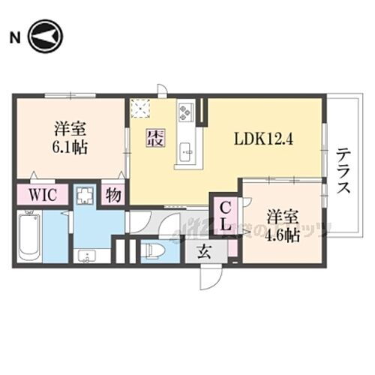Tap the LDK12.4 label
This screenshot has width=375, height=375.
262,138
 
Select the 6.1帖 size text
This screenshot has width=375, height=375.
69,147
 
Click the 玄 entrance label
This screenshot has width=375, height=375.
203,253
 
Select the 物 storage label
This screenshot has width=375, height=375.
113,195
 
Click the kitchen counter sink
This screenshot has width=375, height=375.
186,153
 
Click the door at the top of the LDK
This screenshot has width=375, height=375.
160,91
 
